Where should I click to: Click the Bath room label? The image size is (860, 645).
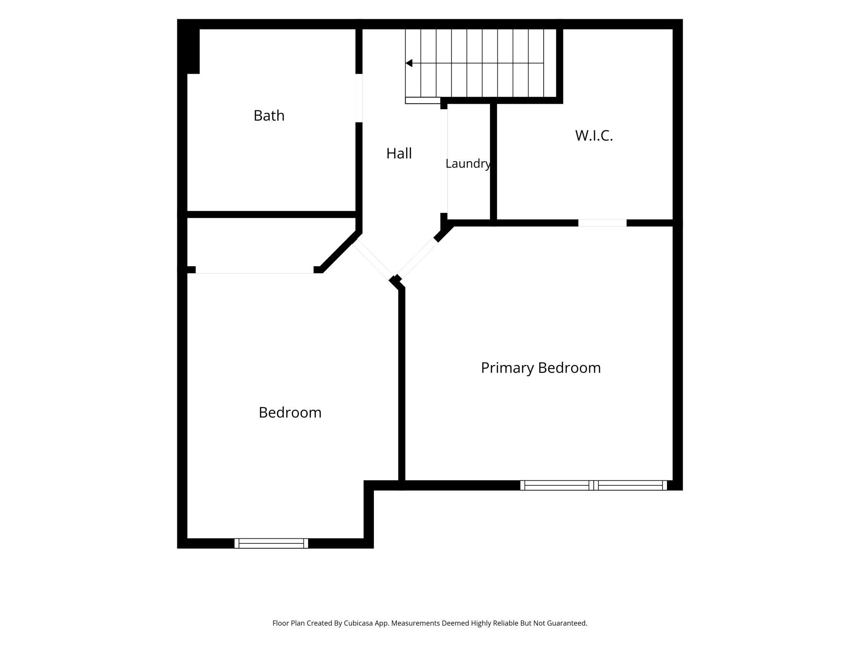tap(269, 116)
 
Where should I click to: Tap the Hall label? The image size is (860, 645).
tap(399, 153)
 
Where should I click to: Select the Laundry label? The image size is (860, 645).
tap(468, 164)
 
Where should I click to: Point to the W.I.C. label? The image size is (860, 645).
tap(594, 136)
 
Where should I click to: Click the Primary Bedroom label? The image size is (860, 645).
tap(541, 368)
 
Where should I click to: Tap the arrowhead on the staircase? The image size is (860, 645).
tap(409, 63)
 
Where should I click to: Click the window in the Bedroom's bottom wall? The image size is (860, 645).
tap(271, 543)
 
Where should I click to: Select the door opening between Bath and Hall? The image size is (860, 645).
tap(359, 98)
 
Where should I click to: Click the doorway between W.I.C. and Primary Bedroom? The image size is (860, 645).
tap(602, 223)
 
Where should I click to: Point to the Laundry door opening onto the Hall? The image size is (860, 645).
tap(444, 161)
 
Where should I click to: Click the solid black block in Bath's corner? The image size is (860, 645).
tap(189, 47)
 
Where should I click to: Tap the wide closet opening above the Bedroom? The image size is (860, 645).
tap(255, 270)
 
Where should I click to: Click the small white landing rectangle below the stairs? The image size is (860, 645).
tap(423, 100)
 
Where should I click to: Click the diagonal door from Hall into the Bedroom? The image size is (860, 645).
tap(373, 261)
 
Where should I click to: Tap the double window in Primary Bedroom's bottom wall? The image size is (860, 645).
tap(593, 485)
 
